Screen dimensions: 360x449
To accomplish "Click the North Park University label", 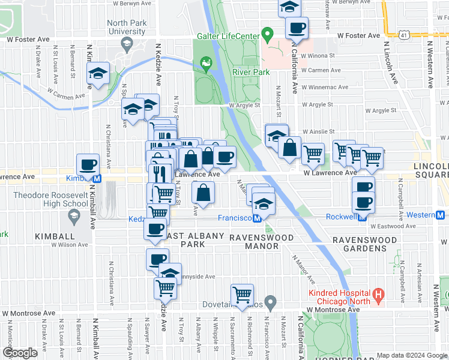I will pos(127,27).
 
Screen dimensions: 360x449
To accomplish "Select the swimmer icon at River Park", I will pos(206,62).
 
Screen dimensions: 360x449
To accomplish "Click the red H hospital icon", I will pos(378,295).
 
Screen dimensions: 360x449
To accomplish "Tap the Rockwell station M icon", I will pos(362,216).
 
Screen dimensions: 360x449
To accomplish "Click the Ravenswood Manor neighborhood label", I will pos(262,238).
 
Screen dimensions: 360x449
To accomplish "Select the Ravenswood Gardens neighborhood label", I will pos(366,240).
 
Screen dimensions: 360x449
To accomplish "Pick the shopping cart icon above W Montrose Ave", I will pos(242,294).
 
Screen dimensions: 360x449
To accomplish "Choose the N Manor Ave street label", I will pos(303,268).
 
